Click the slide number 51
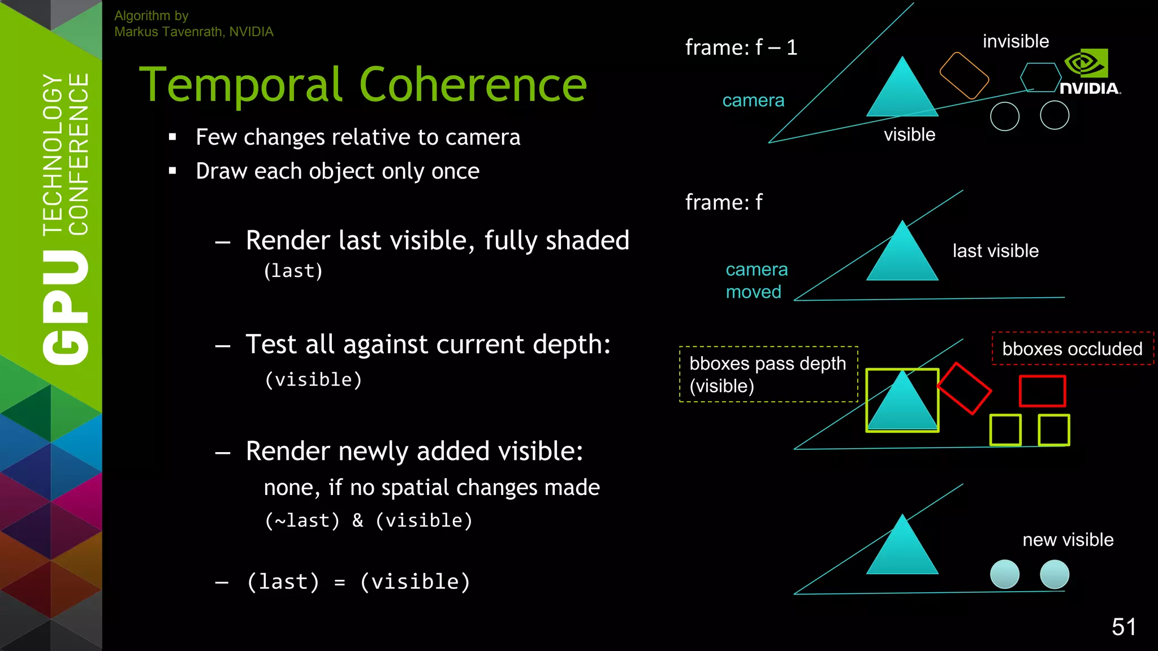[x=1124, y=627]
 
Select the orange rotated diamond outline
[x=964, y=76]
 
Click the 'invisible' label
[x=1016, y=41]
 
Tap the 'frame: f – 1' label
[x=741, y=47]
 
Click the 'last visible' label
[x=995, y=251]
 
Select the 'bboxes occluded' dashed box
[x=1072, y=349]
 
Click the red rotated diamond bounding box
[x=964, y=388]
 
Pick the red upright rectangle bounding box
[x=1042, y=391]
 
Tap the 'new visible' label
[x=1068, y=540]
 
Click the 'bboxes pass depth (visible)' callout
[x=768, y=374]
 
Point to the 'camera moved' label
[x=756, y=281]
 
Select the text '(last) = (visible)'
[x=358, y=582]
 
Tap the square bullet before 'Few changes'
[x=172, y=137]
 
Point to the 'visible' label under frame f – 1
[x=909, y=134]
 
